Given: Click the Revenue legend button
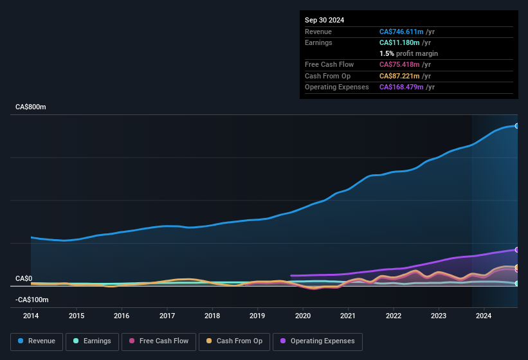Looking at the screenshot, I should (37, 341).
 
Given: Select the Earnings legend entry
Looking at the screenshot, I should (92, 341).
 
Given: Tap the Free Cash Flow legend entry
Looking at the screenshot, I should (159, 341).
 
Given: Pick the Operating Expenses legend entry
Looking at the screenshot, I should (318, 341).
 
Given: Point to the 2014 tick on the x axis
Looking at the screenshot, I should (31, 316).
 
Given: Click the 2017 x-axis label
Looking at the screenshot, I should (167, 316).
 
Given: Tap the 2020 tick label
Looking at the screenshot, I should (303, 316).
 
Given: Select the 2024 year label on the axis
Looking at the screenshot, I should (484, 316).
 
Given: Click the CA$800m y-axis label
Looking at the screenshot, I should (31, 107).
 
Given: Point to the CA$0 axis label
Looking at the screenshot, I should (24, 278).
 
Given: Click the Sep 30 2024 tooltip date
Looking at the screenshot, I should (325, 20).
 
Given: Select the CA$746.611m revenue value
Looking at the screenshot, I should (401, 32).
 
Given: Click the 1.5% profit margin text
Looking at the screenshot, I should (408, 53).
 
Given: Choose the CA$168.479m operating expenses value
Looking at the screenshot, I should (401, 87).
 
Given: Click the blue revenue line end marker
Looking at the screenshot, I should (517, 126).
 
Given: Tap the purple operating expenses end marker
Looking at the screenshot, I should (517, 249).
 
